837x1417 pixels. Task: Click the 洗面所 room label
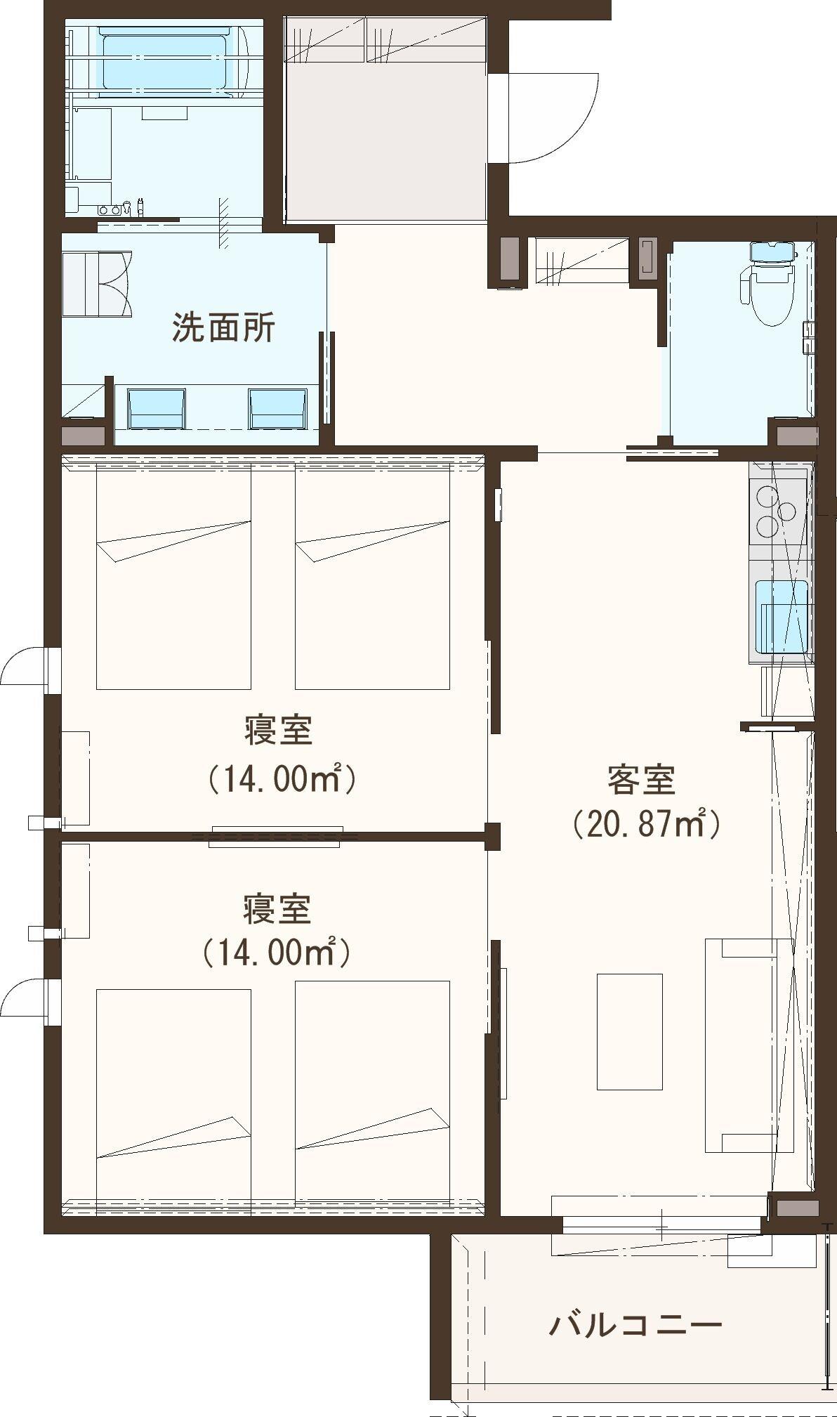pos(223,328)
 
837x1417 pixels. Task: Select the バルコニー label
pos(635,1325)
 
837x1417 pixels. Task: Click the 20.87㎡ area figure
pos(646,824)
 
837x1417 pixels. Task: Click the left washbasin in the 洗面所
pos(157,408)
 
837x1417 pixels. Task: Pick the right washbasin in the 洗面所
pos(278,408)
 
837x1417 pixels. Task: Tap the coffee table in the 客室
pos(630,1031)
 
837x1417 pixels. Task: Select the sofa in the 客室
pos(749,1045)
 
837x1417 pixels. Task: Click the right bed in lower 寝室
pos(372,1092)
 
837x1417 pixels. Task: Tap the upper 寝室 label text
pos(278,731)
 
